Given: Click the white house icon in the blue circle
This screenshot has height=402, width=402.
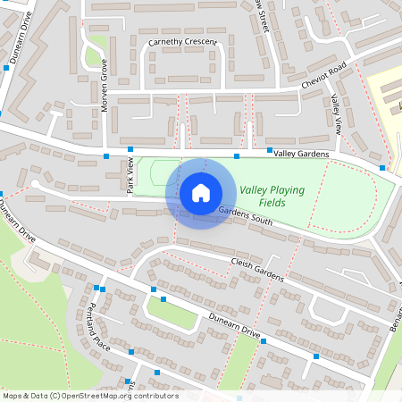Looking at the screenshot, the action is point(201,193).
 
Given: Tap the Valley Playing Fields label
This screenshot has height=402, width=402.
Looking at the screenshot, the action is point(272,197).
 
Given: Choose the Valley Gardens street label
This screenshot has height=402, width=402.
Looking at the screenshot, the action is point(301,155).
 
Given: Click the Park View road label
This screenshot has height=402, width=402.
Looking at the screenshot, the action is point(130,174).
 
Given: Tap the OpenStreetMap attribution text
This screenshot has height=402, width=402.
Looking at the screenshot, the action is point(89,395).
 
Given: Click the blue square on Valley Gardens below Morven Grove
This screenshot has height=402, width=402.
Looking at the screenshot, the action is point(130,149).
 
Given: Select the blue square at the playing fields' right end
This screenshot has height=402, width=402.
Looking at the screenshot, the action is point(382,168).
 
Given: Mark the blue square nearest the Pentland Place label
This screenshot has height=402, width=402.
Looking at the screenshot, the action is point(131,352).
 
